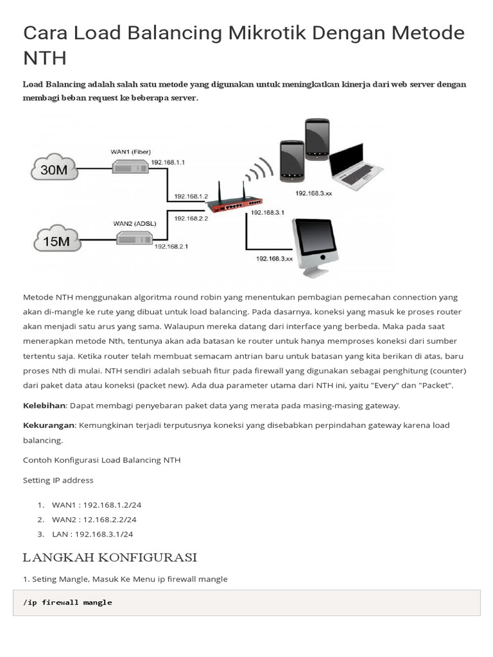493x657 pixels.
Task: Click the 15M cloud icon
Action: coord(56,240)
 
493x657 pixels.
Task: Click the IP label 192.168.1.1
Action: coord(168,163)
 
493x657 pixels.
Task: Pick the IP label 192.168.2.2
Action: coord(187,218)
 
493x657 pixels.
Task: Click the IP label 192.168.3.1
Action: coord(268,212)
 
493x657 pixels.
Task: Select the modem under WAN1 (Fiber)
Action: coord(130,166)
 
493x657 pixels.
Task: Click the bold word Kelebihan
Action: coord(44,405)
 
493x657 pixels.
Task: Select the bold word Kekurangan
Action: coord(49,425)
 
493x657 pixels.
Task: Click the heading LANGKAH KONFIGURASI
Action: coord(110,556)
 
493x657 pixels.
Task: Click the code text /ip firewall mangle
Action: coord(67,602)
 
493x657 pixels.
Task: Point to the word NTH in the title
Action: coord(44,58)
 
